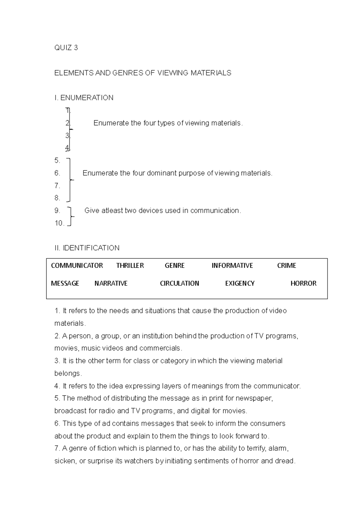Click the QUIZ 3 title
[66, 48]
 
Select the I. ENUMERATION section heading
[84, 98]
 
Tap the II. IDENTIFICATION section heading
[87, 248]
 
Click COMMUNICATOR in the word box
[77, 266]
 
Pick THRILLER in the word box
[130, 266]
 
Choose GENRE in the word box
[175, 266]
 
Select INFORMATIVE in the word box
[232, 266]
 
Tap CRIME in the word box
[286, 266]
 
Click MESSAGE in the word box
[65, 283]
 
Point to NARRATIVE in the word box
[111, 283]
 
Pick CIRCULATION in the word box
[179, 283]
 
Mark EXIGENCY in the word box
[240, 283]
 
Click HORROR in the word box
[303, 283]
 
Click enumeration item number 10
[59, 223]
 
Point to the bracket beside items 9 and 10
[70, 216]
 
